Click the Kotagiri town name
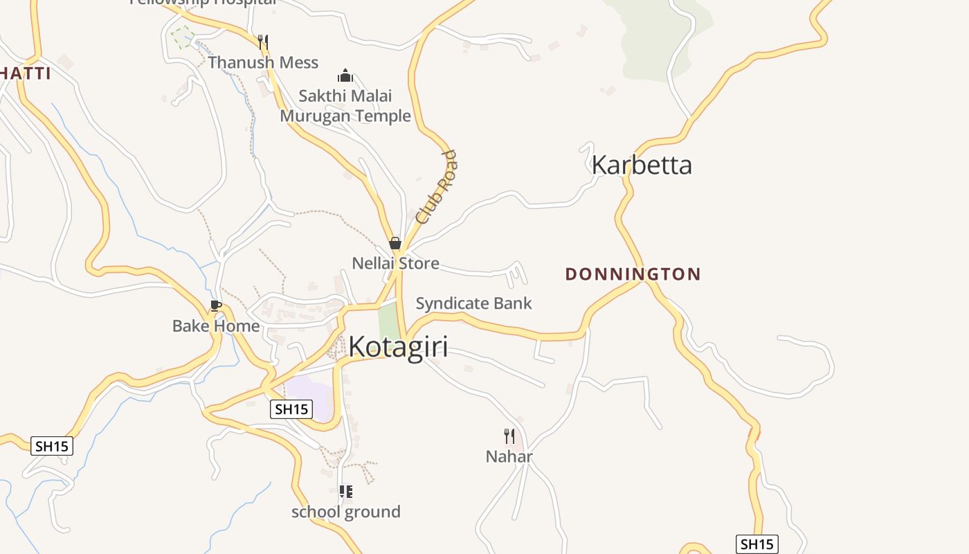pyautogui.click(x=398, y=347)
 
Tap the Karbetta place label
pyautogui.click(x=642, y=165)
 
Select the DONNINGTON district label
pyautogui.click(x=633, y=274)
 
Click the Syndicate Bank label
pyautogui.click(x=473, y=303)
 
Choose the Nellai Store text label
pyautogui.click(x=395, y=264)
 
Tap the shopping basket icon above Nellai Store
pyautogui.click(x=395, y=243)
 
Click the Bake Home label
pyautogui.click(x=216, y=326)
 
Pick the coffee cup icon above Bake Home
pyautogui.click(x=216, y=305)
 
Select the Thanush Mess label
pyautogui.click(x=263, y=63)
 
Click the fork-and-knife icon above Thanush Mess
pyautogui.click(x=262, y=42)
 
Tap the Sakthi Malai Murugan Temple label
pyautogui.click(x=345, y=106)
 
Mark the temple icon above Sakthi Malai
pyautogui.click(x=345, y=75)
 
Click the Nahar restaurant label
pyautogui.click(x=509, y=457)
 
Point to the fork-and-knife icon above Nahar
pyautogui.click(x=509, y=436)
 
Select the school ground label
pyautogui.click(x=345, y=512)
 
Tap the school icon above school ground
pyautogui.click(x=345, y=492)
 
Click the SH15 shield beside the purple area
pyautogui.click(x=291, y=409)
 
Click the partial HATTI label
pyautogui.click(x=26, y=73)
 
